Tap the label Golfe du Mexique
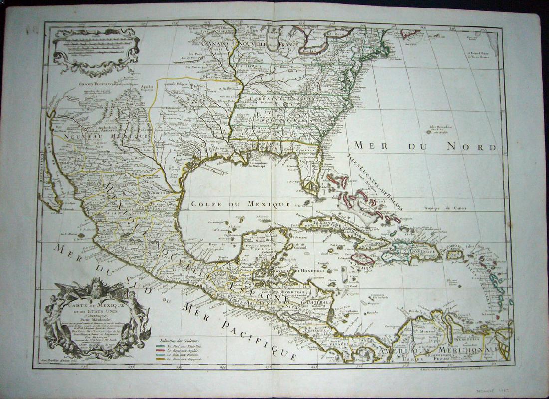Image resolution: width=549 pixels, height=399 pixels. [x=239, y=203]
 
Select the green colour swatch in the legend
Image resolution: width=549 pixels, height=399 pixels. [x=160, y=345]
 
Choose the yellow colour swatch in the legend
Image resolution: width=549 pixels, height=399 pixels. [x=160, y=359]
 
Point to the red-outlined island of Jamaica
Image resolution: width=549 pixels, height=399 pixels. [x=363, y=259]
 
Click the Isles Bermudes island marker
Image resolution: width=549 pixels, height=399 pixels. [x=428, y=132]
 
